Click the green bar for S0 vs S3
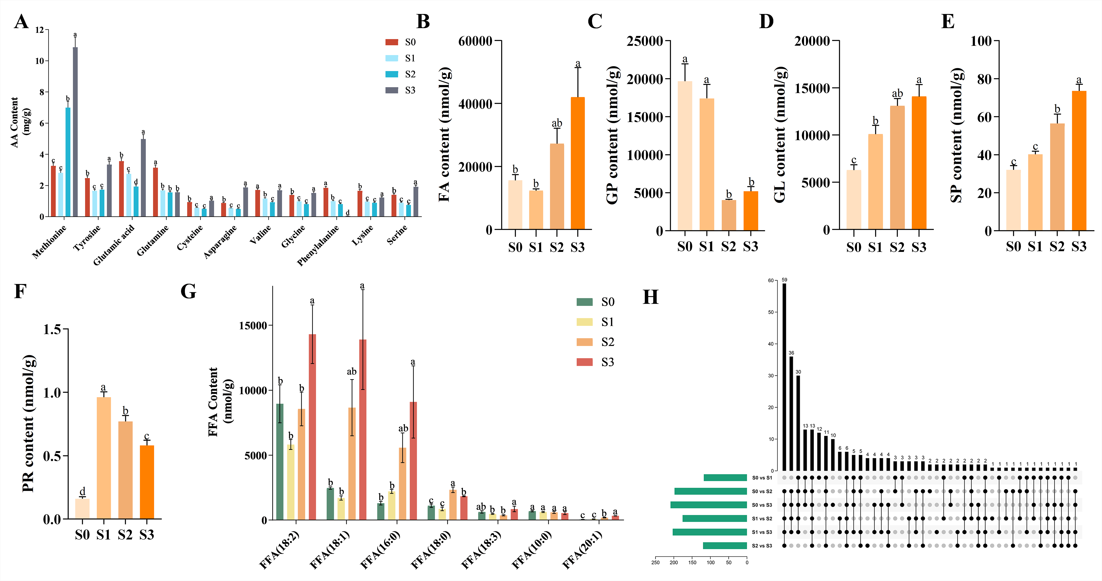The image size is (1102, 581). [708, 505]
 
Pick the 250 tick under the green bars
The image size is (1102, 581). [655, 563]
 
